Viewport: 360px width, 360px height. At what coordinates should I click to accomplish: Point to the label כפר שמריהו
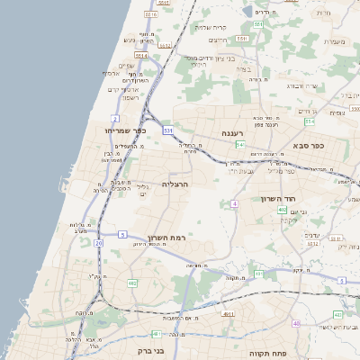tap(113, 131)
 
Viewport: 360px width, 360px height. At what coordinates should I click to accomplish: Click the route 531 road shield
tap(167, 130)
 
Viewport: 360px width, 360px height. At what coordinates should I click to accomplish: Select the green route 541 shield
tap(239, 144)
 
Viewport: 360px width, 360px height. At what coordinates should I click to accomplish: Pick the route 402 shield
tap(282, 208)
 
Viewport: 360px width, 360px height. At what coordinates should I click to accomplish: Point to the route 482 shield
tap(132, 283)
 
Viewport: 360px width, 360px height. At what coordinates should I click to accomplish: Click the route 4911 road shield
tap(227, 315)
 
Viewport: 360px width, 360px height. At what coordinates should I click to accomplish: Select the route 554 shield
tap(310, 121)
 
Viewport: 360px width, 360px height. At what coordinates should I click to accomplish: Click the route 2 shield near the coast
tap(115, 119)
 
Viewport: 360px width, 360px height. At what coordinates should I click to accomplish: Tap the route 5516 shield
tap(151, 14)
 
